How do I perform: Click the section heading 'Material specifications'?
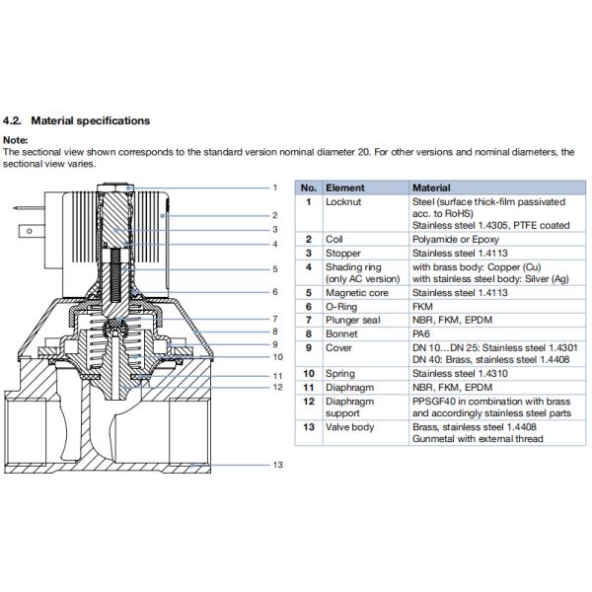(90, 120)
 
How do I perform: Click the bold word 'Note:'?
(16, 141)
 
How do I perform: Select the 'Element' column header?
(345, 187)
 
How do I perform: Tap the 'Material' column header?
(431, 187)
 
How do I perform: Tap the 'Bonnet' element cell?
(341, 333)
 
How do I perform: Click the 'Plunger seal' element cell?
(353, 321)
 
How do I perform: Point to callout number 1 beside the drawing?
(277, 187)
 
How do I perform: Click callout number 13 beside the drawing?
(277, 465)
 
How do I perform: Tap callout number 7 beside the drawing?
(277, 319)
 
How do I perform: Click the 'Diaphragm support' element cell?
(349, 407)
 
